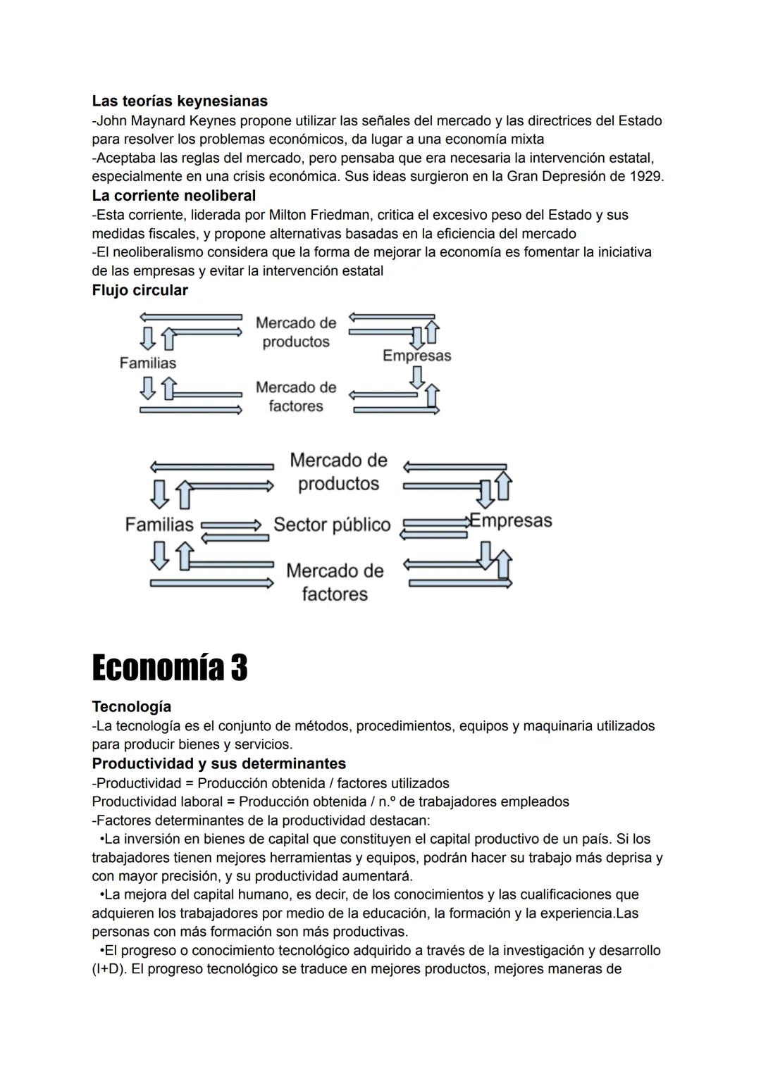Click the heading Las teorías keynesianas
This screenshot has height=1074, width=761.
click(179, 101)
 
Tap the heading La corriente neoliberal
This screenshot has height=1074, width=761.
click(173, 195)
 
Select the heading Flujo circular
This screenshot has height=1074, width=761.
click(140, 290)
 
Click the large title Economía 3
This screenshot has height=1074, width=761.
click(170, 667)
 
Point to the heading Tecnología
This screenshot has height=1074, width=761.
click(131, 706)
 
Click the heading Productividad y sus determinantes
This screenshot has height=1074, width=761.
click(218, 763)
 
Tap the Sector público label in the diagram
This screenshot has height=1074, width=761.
click(332, 525)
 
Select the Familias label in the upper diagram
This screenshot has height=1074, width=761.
click(148, 363)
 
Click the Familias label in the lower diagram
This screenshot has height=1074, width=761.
click(159, 525)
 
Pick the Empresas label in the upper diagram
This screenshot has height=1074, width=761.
click(416, 356)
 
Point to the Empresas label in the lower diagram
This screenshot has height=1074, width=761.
click(511, 521)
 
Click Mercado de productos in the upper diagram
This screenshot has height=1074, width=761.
click(296, 332)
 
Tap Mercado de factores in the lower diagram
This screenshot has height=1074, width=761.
click(335, 582)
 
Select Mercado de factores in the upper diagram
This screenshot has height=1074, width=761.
click(296, 396)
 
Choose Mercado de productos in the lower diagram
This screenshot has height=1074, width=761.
click(338, 472)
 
